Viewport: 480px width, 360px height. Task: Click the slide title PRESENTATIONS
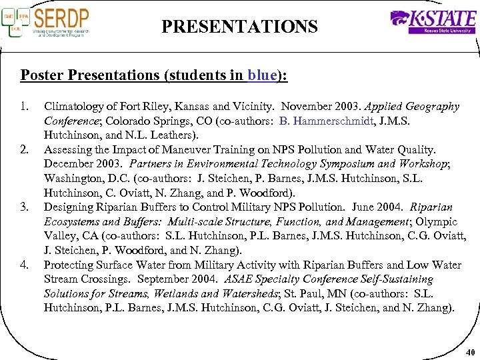239,27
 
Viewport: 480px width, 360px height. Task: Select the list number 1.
25,106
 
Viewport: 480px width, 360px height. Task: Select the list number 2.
25,149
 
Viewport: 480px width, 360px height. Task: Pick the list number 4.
25,265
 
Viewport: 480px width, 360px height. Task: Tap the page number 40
469,352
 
